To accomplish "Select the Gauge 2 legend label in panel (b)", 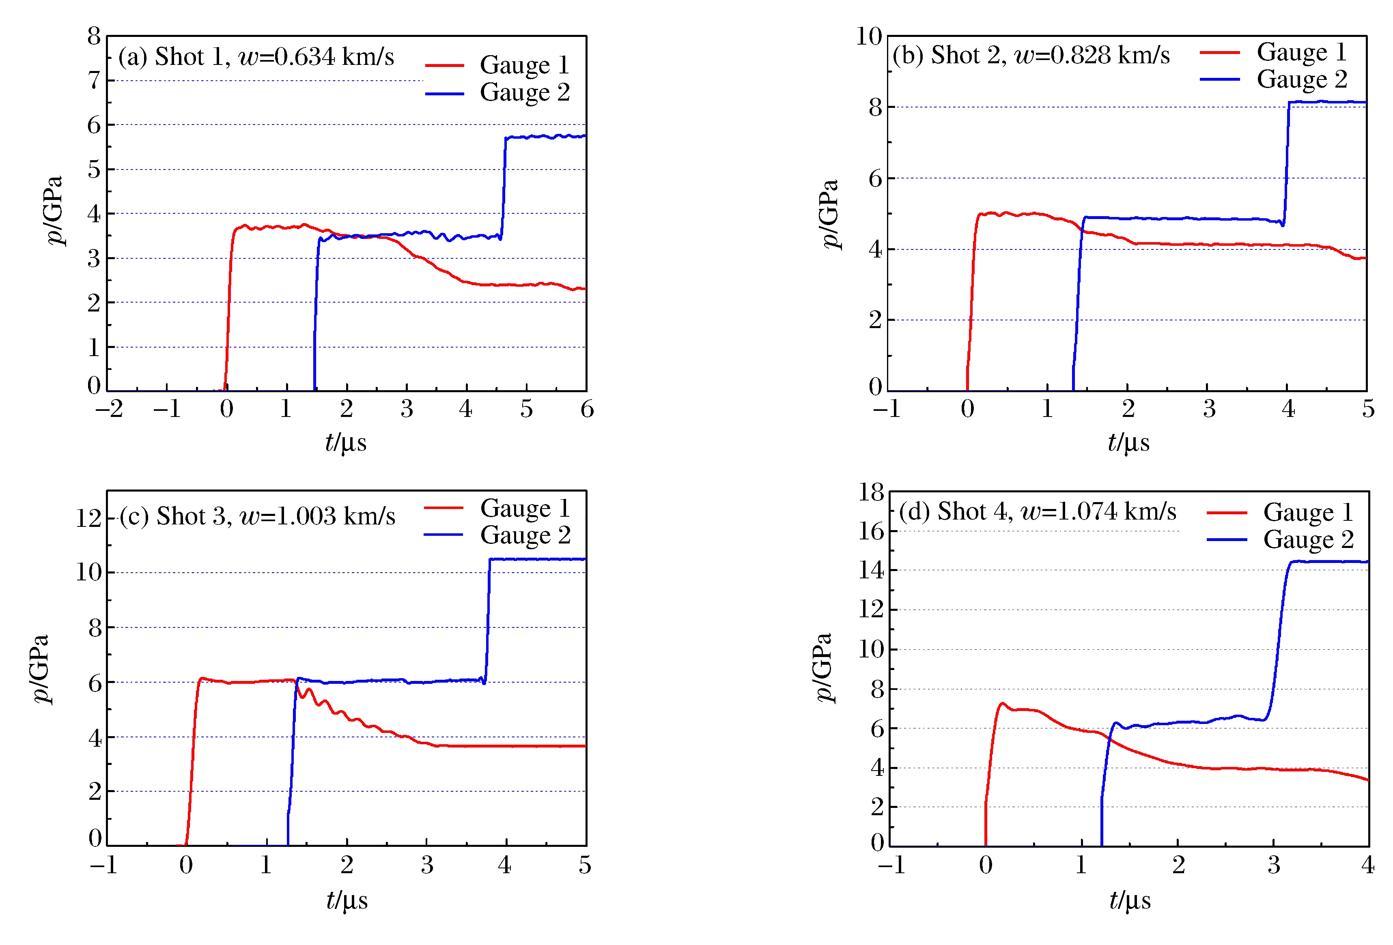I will click(x=1302, y=79).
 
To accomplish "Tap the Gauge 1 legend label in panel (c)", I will click(x=525, y=508).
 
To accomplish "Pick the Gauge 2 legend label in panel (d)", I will click(x=1309, y=539).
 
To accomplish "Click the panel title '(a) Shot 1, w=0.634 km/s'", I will click(x=256, y=57).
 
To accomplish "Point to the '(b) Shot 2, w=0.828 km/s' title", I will click(x=1031, y=55).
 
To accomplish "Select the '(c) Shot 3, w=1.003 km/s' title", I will click(x=257, y=516).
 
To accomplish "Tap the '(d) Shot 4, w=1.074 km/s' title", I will click(x=1038, y=511).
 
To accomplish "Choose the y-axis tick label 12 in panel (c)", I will click(x=88, y=518).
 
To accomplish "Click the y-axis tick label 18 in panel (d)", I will click(x=871, y=492).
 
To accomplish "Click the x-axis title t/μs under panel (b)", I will click(x=1128, y=443).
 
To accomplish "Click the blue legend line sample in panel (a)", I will click(x=444, y=93).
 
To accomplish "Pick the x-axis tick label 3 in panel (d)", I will click(x=1274, y=865).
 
